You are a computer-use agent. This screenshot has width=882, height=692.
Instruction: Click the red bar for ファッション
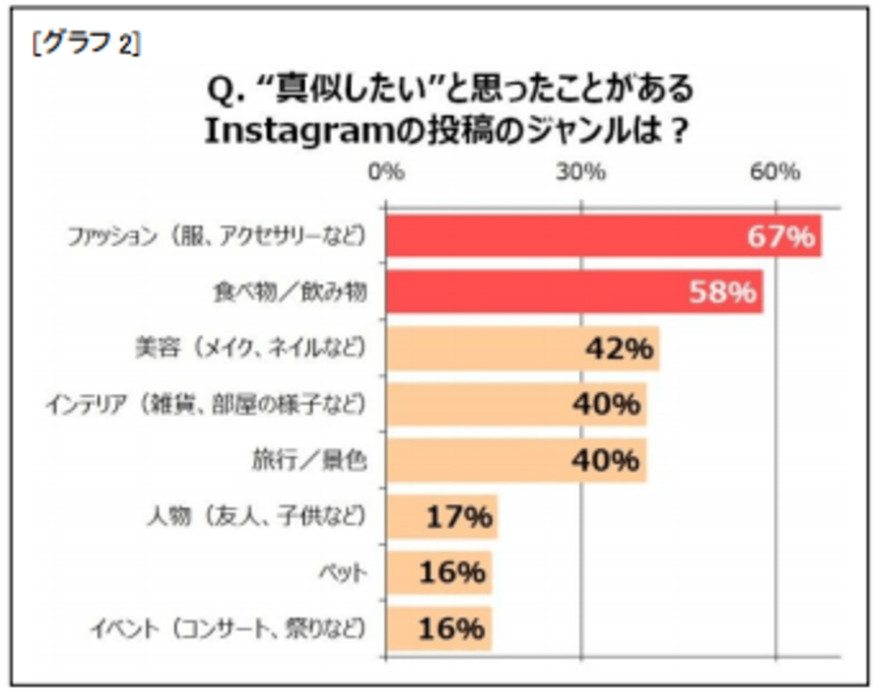pyautogui.click(x=551, y=235)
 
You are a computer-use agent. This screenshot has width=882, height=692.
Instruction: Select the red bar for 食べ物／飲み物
pyautogui.click(x=535, y=293)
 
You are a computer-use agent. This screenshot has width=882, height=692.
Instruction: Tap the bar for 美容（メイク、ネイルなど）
pyautogui.click(x=488, y=348)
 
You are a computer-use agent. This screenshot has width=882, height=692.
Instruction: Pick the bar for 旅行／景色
pyautogui.click(x=480, y=460)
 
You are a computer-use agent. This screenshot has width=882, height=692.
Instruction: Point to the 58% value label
pyautogui.click(x=722, y=293)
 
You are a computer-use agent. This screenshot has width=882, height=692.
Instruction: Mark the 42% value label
pyautogui.click(x=619, y=348)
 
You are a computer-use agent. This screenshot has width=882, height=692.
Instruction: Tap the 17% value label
pyautogui.click(x=459, y=517)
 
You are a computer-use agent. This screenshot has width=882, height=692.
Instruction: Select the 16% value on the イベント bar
pyautogui.click(x=452, y=629)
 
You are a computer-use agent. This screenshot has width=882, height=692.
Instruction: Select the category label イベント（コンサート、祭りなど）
pyautogui.click(x=229, y=629)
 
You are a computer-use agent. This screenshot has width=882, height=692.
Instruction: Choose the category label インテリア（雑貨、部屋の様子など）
pyautogui.click(x=206, y=404)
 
